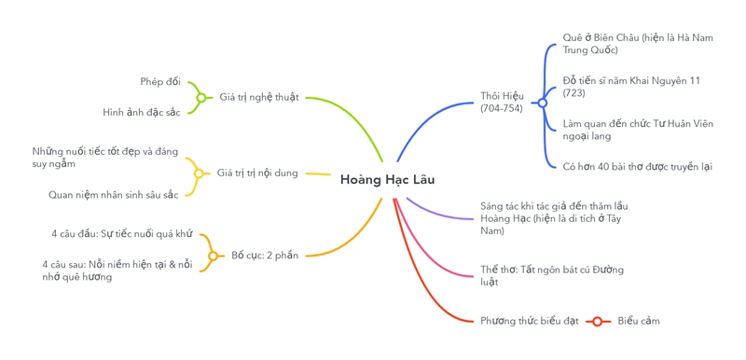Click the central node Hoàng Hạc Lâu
pyautogui.click(x=387, y=179)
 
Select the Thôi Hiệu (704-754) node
pyautogui.click(x=502, y=102)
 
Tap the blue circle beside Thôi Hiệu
pyautogui.click(x=542, y=103)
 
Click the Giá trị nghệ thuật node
pyautogui.click(x=259, y=97)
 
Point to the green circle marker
pyautogui.click(x=200, y=97)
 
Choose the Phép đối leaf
pyautogui.click(x=160, y=81)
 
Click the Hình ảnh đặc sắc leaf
pyautogui.click(x=142, y=112)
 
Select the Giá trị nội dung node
pyautogui.click(x=257, y=173)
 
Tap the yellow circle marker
pyautogui.click(x=199, y=173)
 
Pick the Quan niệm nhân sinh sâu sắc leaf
pyautogui.click(x=113, y=195)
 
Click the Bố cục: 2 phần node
pyautogui.click(x=265, y=255)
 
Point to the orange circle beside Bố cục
pyautogui.click(x=213, y=256)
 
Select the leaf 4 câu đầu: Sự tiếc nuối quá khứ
pyautogui.click(x=121, y=233)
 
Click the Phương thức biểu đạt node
pyautogui.click(x=530, y=321)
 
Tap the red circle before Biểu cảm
pyautogui.click(x=597, y=321)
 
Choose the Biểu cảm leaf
pyautogui.click(x=639, y=321)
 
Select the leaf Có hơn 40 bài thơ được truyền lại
pyautogui.click(x=637, y=166)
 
